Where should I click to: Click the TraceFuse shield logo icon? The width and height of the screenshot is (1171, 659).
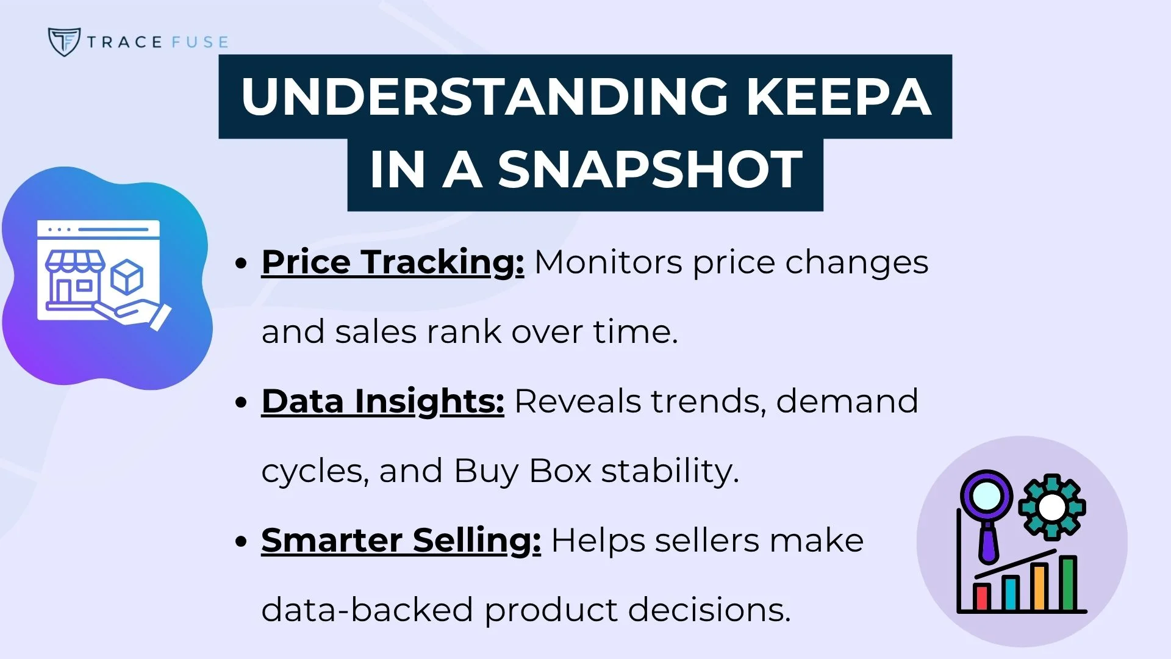click(x=64, y=41)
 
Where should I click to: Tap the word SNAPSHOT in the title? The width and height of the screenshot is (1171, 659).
click(x=650, y=170)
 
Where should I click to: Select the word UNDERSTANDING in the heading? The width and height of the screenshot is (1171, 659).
click(x=485, y=96)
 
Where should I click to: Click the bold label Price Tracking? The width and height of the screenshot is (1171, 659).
click(x=392, y=262)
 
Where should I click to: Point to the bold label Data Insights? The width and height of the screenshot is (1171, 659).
click(x=382, y=402)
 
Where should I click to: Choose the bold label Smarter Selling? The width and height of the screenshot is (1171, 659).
click(x=401, y=541)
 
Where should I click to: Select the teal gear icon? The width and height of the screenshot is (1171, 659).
click(x=1051, y=507)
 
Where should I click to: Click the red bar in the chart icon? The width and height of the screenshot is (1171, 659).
click(x=981, y=597)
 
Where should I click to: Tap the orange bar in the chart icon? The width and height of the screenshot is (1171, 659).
click(x=1039, y=587)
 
